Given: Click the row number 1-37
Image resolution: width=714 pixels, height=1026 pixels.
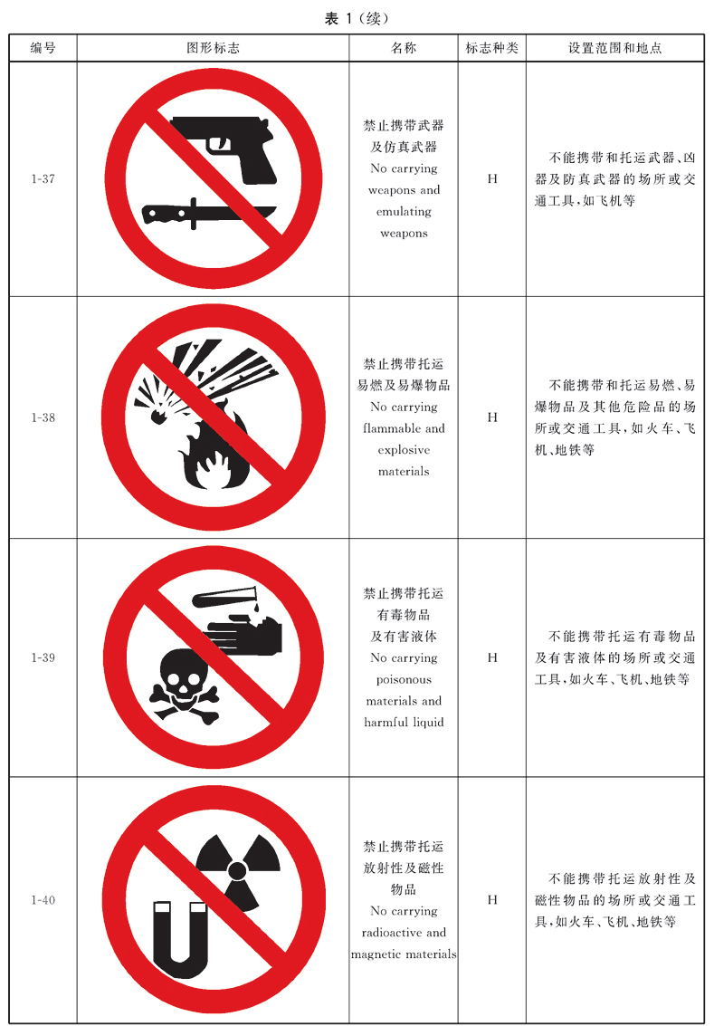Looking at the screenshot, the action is [x=43, y=178].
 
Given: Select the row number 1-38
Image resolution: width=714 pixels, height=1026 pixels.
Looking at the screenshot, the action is [x=43, y=417].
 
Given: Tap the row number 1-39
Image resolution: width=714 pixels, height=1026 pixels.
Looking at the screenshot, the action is [x=43, y=657].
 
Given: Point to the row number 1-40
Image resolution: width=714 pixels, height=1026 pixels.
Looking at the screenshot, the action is [x=43, y=900].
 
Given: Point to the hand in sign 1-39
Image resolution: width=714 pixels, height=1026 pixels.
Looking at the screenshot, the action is [x=245, y=635].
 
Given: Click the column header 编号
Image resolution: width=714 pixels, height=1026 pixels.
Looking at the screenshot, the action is [x=43, y=48].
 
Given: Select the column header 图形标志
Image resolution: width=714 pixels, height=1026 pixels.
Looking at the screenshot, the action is [x=214, y=48].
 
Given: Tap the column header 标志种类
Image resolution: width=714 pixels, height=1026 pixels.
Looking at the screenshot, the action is [x=491, y=48].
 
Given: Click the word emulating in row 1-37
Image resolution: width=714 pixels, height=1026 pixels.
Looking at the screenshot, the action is [x=404, y=212].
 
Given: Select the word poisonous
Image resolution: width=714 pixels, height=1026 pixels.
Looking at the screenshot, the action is [x=404, y=680].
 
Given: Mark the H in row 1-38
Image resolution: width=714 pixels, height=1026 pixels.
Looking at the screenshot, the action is [x=492, y=417].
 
